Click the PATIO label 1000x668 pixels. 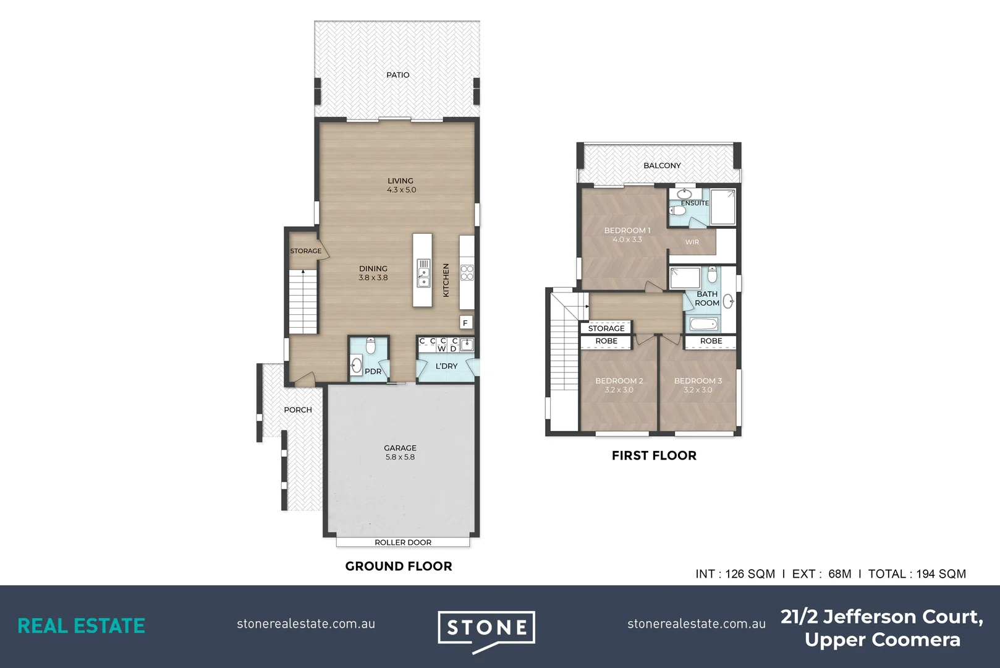pos(397,75)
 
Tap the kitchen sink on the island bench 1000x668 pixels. pos(423,273)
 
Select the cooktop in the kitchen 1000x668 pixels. pos(467,272)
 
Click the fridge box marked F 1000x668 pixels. pos(465,322)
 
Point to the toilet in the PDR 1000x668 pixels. pos(370,345)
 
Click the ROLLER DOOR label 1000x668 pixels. pos(403,542)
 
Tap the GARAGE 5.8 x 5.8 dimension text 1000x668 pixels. pos(400,457)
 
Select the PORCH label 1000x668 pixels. pos(298,409)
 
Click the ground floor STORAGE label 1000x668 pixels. pos(306,250)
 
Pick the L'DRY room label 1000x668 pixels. pos(446,366)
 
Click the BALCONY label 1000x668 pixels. pos(662,165)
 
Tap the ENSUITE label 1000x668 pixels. pos(695,203)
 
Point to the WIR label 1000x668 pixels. pos(692,242)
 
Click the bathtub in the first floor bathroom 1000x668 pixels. pos(703,323)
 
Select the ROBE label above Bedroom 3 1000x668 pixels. pos(711,341)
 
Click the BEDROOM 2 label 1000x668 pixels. pos(619,381)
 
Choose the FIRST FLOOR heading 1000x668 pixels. pos(654,455)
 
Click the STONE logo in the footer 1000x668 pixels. pos(486,628)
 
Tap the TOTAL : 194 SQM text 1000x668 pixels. pos(917,573)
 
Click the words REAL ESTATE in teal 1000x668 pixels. pos(81,625)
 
